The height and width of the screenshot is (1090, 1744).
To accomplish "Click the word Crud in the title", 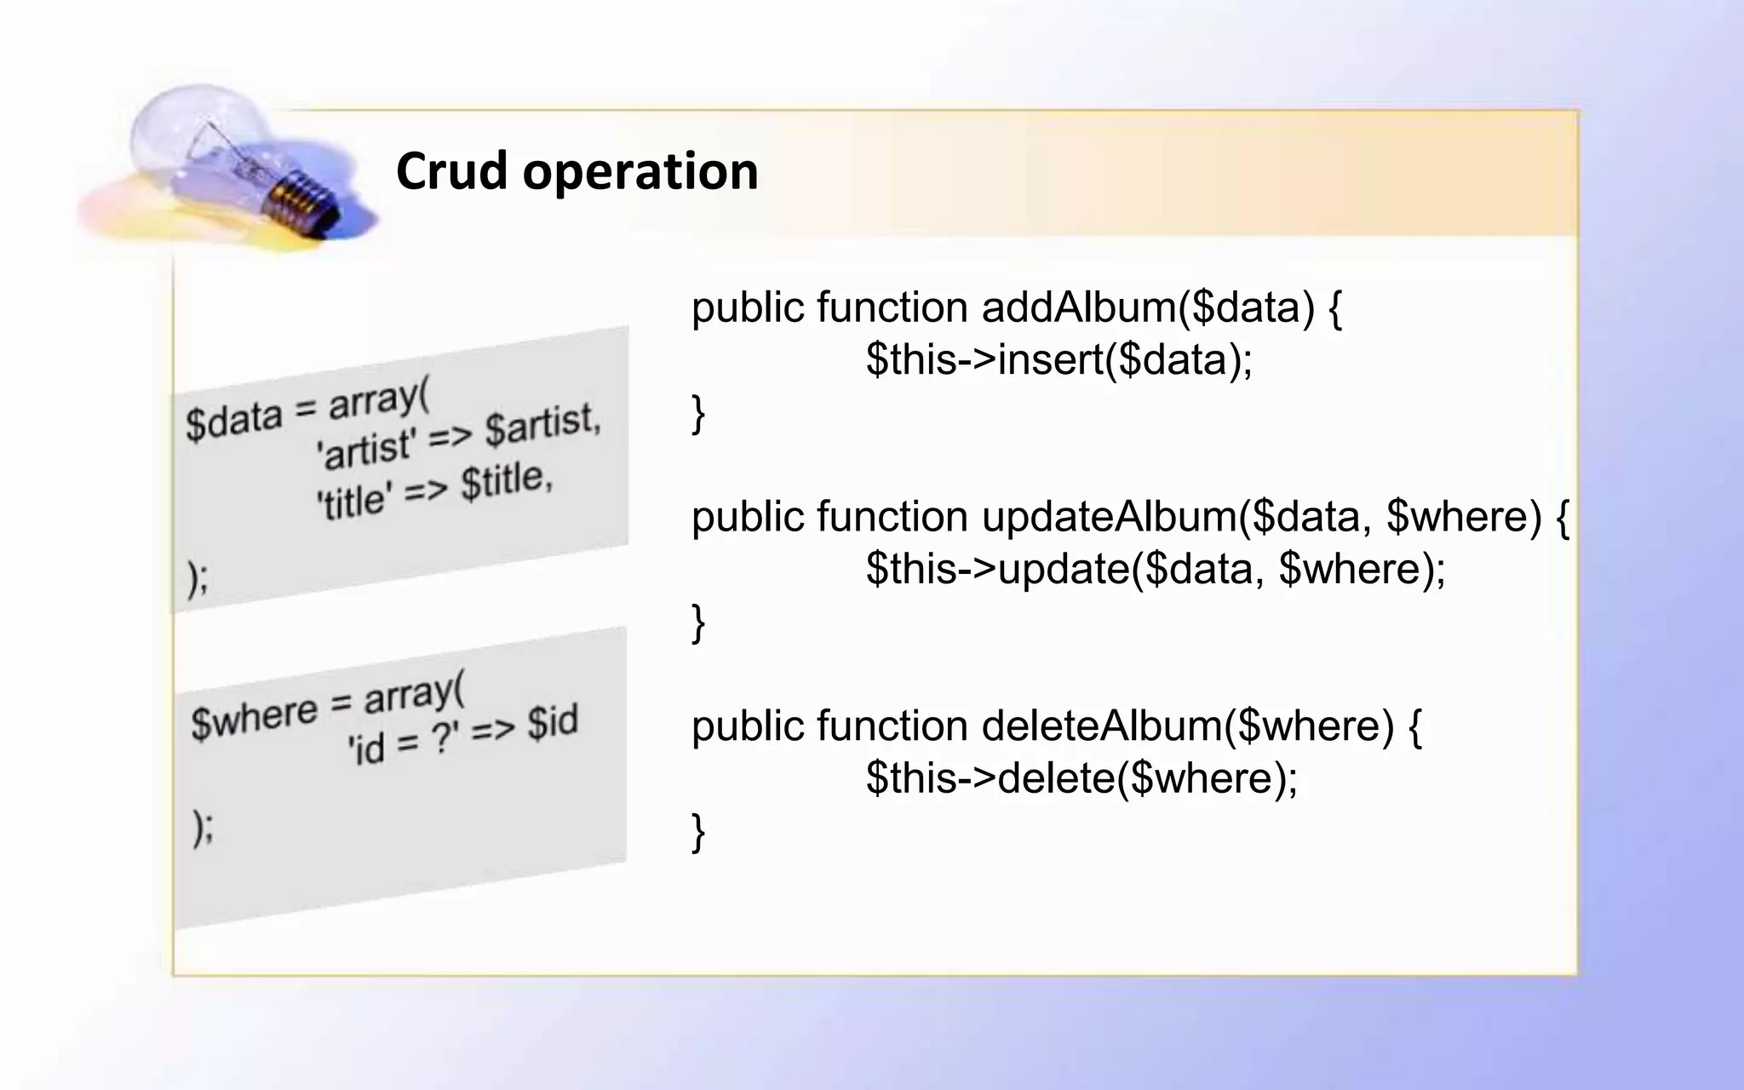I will tap(451, 171).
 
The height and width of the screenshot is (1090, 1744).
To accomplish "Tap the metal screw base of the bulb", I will tap(298, 200).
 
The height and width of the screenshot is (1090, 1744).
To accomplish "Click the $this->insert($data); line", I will tap(1058, 359).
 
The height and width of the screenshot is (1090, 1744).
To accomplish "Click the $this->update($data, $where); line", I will tap(1156, 569).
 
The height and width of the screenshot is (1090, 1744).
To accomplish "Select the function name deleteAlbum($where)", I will tap(1187, 726).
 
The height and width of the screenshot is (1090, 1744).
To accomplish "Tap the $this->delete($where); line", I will tap(1081, 778).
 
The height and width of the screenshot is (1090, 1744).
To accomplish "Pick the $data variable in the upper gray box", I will tap(233, 420).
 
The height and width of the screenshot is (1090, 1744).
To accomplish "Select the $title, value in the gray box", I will tap(508, 482).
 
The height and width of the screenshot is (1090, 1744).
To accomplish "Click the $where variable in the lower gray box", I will tap(254, 718).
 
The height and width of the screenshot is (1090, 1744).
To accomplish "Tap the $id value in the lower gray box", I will tap(552, 723).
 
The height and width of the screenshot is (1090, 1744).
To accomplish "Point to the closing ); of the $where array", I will tap(203, 827).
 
